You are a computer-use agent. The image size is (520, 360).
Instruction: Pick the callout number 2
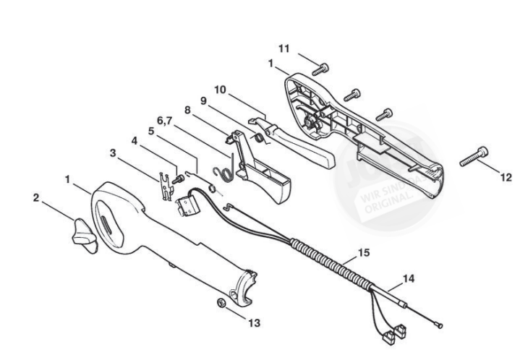point(36,196)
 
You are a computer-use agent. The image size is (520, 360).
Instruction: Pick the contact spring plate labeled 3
point(165,184)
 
